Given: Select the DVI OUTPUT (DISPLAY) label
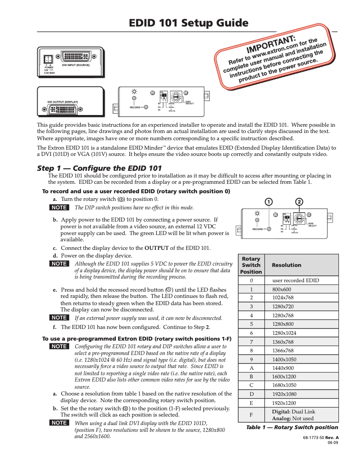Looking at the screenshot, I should [62, 102].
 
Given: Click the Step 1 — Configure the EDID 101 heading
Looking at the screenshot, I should [99, 168].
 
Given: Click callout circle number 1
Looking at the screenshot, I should [268, 201].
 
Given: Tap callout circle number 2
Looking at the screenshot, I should [299, 201].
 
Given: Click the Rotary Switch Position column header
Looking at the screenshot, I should [251, 265].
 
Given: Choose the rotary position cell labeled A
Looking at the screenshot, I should [251, 368].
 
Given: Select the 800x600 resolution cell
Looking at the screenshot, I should [281, 290].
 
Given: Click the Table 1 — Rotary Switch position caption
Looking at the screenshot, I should [292, 427].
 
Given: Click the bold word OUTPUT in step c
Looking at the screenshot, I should [156, 248].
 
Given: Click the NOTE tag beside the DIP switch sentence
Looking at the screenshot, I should [59, 208].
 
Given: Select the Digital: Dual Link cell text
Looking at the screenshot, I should [294, 412].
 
